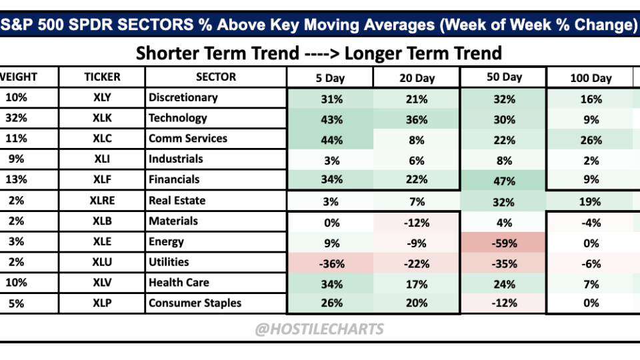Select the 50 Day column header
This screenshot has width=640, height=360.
(x=504, y=77)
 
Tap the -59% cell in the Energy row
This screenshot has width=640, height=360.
(x=504, y=243)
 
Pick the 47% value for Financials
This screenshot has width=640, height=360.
(x=504, y=180)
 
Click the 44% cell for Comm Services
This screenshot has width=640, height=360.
(x=331, y=139)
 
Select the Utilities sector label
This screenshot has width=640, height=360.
(x=169, y=262)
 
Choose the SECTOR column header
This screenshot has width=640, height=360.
(x=216, y=77)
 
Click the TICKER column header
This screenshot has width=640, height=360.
(x=102, y=77)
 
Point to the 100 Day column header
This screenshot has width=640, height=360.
(x=591, y=78)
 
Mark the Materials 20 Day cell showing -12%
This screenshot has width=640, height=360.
(x=417, y=222)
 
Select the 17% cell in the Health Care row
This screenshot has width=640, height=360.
(x=417, y=283)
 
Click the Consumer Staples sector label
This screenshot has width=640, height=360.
(x=195, y=303)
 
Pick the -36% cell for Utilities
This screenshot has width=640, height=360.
(x=331, y=263)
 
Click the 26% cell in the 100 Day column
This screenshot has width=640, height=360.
(x=591, y=140)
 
